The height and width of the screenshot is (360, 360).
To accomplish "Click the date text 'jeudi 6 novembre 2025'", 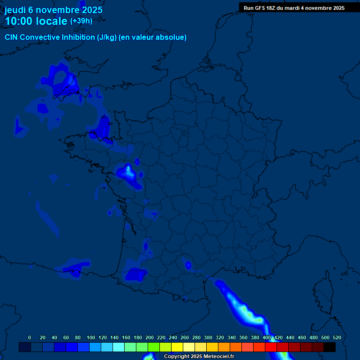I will point(53,10).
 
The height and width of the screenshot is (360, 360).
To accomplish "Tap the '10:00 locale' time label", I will point(36,21).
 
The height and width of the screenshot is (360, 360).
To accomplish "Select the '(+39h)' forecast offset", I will point(81,21).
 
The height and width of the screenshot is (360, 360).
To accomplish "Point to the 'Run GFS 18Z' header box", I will point(294,8).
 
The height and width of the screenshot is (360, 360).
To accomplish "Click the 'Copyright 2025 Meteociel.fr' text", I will point(199,357).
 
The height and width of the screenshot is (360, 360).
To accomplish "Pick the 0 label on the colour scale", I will point(30,337).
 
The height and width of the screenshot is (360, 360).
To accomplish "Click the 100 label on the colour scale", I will point(91,337).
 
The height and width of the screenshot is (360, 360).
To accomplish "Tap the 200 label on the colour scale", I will point(150,337).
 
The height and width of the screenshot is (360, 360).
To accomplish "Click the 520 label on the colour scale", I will point(337,337).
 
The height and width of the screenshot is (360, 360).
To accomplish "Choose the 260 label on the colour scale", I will point(185,337).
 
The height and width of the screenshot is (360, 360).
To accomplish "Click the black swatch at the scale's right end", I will point(330,347).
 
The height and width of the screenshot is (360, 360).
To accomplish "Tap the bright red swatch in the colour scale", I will point(271,347).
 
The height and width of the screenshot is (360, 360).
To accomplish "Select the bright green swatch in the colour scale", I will point(154,347).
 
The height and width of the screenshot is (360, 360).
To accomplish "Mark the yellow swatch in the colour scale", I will point(177,347).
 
